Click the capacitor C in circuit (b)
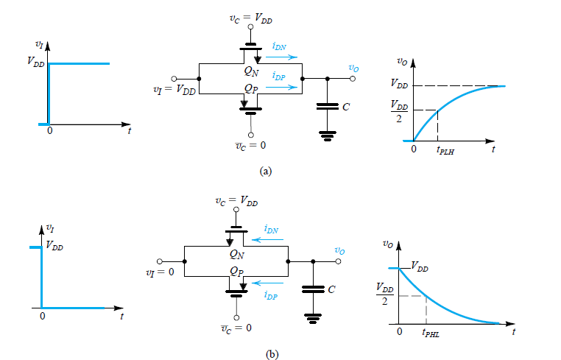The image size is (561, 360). click(x=312, y=289)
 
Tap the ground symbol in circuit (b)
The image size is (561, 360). click(x=312, y=318)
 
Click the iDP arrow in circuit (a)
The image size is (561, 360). click(x=285, y=88)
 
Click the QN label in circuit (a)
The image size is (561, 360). click(x=251, y=72)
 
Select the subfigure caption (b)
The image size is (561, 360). click(x=272, y=354)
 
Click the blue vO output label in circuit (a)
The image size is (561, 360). click(x=353, y=68)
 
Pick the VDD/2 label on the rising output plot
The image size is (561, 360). click(x=398, y=111)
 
